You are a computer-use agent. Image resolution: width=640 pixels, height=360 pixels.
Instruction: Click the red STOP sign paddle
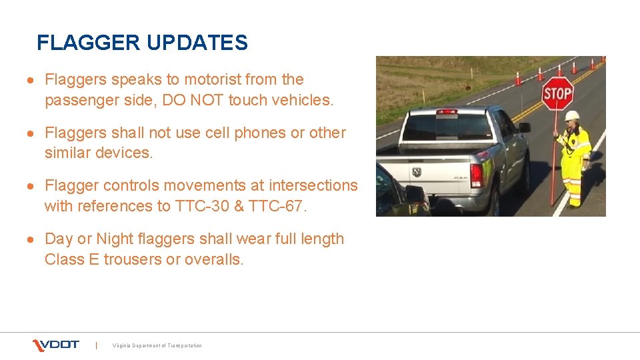tap(557, 93)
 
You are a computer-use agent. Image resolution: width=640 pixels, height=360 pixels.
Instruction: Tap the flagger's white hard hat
tap(571, 115)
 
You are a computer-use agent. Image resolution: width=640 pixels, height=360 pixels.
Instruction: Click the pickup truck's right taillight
tap(477, 175)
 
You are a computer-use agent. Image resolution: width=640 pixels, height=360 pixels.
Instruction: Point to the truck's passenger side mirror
tap(524, 127)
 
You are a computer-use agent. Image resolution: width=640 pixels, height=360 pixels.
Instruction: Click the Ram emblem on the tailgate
tap(417, 171)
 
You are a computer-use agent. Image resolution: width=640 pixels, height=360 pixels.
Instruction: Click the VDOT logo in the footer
tap(56, 345)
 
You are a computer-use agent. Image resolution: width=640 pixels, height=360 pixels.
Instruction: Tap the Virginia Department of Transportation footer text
tap(157, 345)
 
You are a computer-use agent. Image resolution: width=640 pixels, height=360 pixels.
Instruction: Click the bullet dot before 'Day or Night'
tap(31, 239)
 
